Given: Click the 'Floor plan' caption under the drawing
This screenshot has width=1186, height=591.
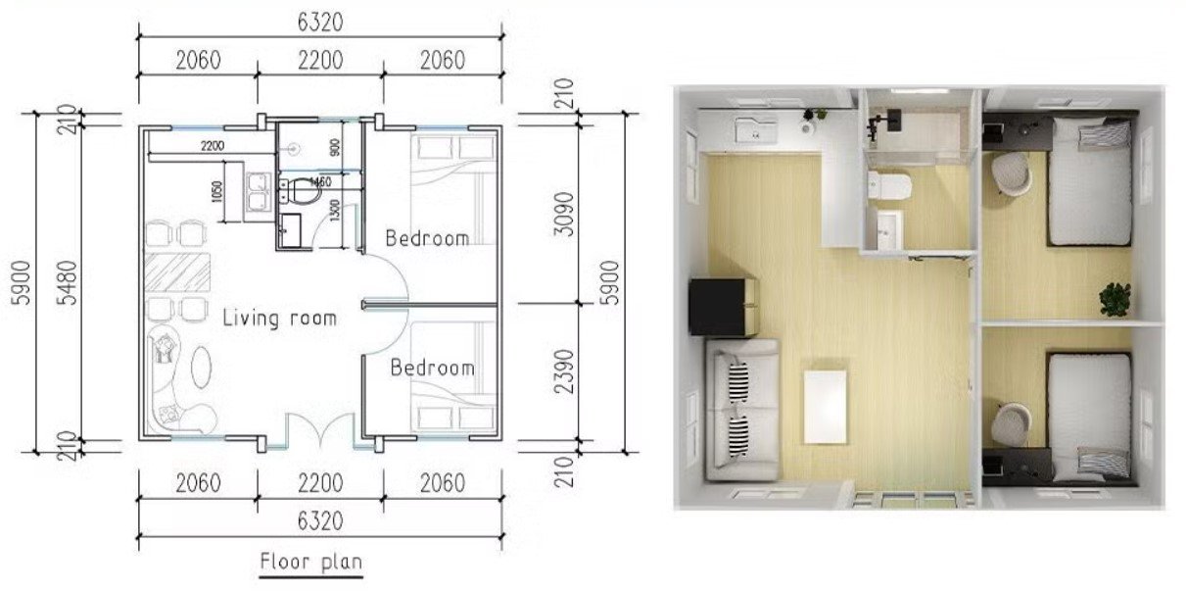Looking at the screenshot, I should pos(310,563).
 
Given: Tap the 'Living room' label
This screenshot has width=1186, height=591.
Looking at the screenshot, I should pos(279,319).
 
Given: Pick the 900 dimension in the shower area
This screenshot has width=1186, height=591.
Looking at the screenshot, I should pos(336,148).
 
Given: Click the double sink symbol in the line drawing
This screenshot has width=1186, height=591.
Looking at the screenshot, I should pos(260,192).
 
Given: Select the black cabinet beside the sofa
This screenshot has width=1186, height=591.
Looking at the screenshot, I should pos(724,305).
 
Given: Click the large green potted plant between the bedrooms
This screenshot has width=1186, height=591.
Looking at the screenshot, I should pos(1115,296).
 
